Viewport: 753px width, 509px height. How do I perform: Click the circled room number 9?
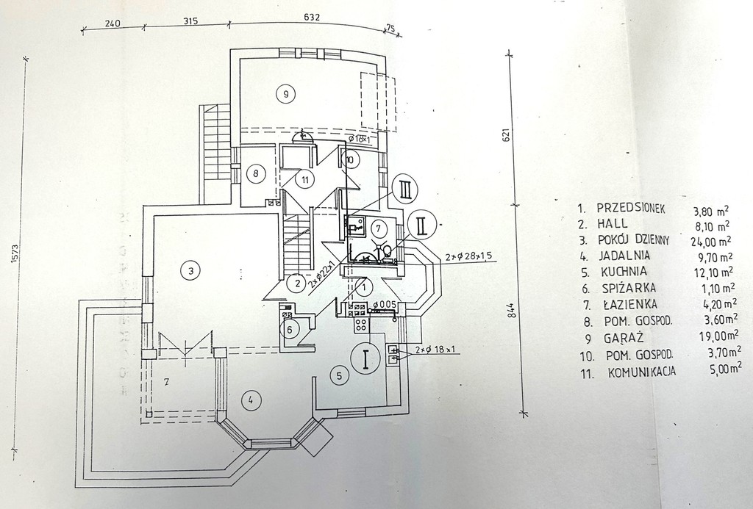(284, 93)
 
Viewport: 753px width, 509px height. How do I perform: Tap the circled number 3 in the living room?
(190, 271)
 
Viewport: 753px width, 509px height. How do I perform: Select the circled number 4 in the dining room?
(250, 400)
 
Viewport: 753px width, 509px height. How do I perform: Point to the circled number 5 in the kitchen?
(338, 376)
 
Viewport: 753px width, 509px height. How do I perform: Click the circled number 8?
(255, 174)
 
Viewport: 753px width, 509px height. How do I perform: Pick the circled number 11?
(303, 178)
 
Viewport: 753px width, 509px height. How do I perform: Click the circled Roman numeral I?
(365, 359)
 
